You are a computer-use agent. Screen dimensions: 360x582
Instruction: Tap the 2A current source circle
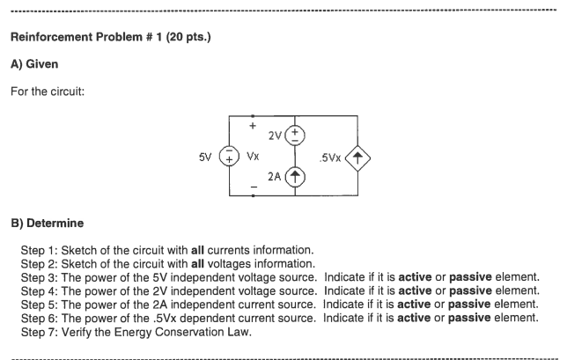(294, 176)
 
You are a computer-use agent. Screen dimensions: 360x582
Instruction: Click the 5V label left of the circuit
(206, 158)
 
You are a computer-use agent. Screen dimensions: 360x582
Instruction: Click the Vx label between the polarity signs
(253, 158)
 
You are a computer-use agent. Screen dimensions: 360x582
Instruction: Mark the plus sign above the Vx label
(253, 127)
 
